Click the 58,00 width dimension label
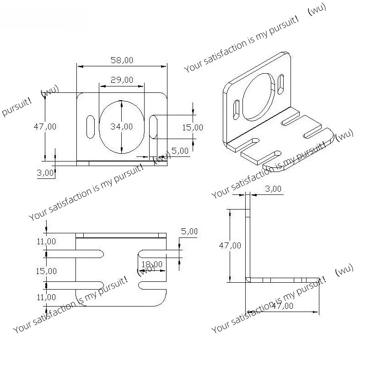[122, 60]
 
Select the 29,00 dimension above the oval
[122, 80]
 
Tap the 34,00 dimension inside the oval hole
[122, 127]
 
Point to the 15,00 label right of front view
[192, 127]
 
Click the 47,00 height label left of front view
[45, 126]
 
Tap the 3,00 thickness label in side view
[274, 188]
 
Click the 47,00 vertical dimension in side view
[230, 245]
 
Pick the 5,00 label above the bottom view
[189, 232]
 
